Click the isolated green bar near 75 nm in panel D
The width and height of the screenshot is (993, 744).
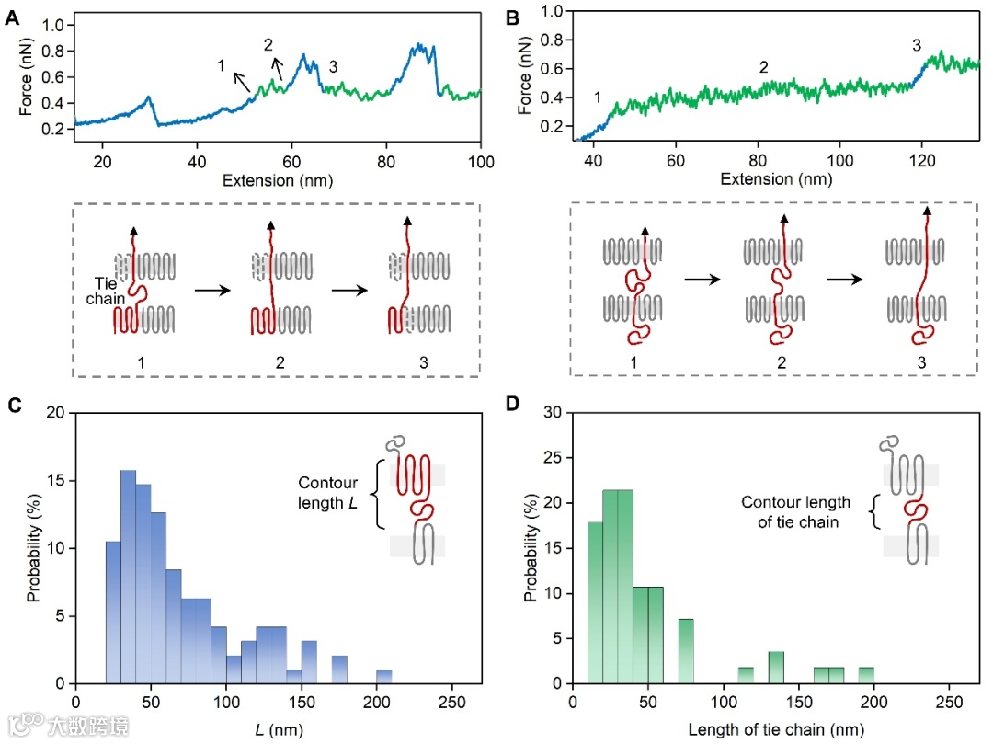point(686,651)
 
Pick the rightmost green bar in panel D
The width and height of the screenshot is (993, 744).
point(866,675)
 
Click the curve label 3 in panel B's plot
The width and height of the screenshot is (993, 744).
point(917,44)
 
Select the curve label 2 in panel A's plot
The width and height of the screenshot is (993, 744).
point(268,44)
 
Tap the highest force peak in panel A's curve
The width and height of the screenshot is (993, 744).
point(420,45)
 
